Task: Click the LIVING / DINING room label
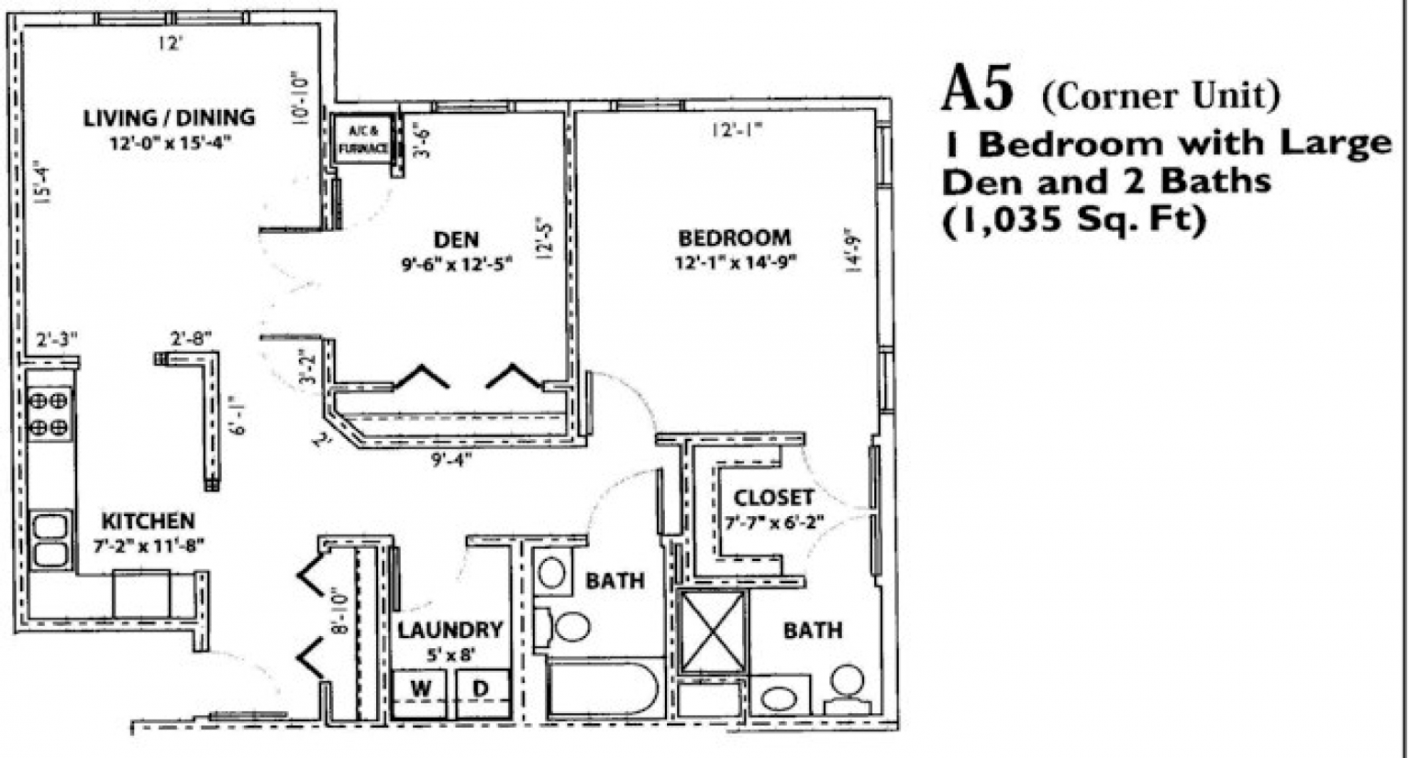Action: point(169,117)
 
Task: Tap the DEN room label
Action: point(456,240)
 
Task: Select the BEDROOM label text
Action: point(734,238)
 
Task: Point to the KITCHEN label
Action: point(148,522)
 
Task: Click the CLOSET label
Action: point(773,498)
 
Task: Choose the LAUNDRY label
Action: point(449,631)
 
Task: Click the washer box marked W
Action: point(420,688)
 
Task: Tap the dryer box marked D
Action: point(481,688)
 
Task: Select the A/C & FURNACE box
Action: point(364,139)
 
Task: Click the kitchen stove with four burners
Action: point(50,414)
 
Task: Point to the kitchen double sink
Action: point(50,540)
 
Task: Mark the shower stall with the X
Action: point(713,632)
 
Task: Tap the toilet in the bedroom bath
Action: point(846,688)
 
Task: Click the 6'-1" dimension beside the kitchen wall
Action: point(239,426)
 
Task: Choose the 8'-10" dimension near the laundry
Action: point(340,612)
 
